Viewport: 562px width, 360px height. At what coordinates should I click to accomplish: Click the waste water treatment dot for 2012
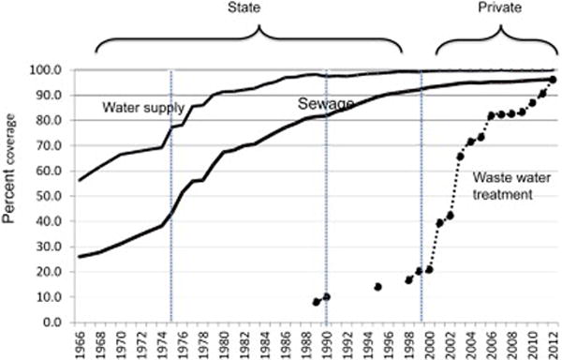pos(553,80)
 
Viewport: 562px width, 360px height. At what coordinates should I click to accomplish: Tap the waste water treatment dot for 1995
pos(377,287)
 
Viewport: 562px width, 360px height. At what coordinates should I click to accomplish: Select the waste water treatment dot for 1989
pos(317,302)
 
